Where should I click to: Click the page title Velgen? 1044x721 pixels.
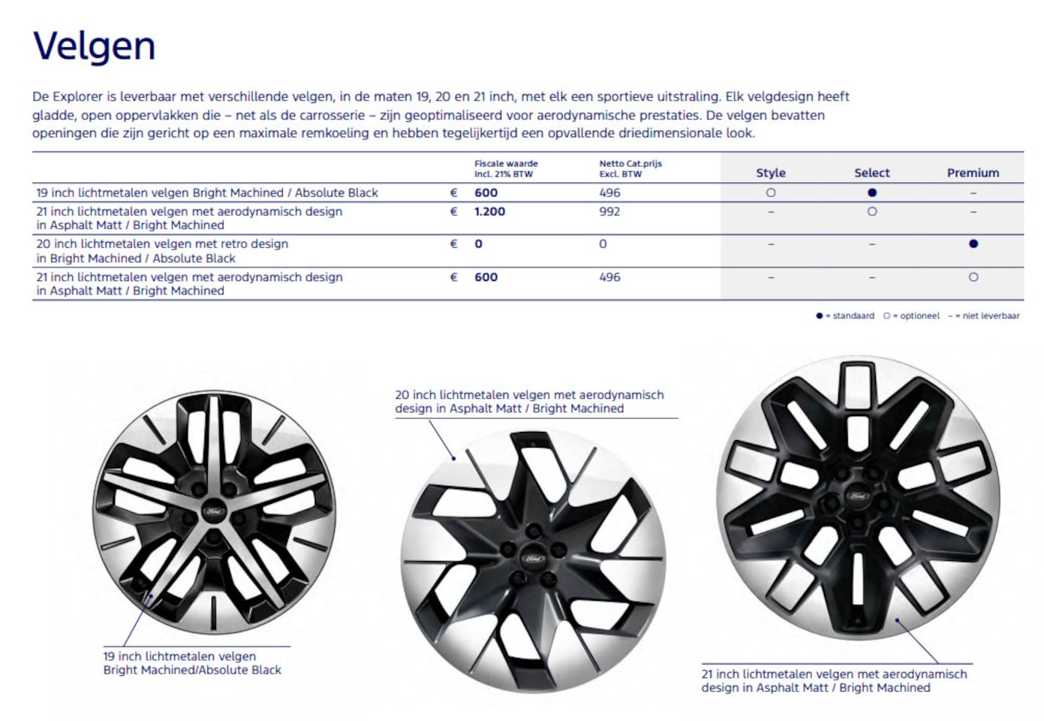[x=95, y=47]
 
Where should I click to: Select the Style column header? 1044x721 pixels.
[x=770, y=173]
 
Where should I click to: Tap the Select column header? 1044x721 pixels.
[x=871, y=173]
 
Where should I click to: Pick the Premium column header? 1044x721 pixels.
[x=973, y=173]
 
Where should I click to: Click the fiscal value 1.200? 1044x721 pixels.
[x=489, y=212]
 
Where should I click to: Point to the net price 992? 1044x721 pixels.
[x=609, y=212]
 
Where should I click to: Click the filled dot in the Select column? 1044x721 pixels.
[x=872, y=193]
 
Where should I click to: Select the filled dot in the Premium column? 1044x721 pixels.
[x=973, y=244]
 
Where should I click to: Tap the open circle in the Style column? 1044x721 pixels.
[x=771, y=193]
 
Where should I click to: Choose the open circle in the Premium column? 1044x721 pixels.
[x=973, y=277]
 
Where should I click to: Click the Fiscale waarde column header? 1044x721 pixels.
[x=506, y=168]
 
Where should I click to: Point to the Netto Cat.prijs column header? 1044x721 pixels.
[x=630, y=168]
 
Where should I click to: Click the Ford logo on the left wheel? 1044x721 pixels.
[x=214, y=511]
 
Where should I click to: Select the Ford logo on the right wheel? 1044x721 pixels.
[x=857, y=496]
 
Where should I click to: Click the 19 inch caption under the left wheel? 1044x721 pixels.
[x=192, y=663]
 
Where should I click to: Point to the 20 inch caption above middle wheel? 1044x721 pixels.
[x=529, y=402]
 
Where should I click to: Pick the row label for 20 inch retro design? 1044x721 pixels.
[x=162, y=251]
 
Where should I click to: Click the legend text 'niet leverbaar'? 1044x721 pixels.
[x=991, y=316]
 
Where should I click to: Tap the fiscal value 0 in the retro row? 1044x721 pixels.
[x=478, y=244]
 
